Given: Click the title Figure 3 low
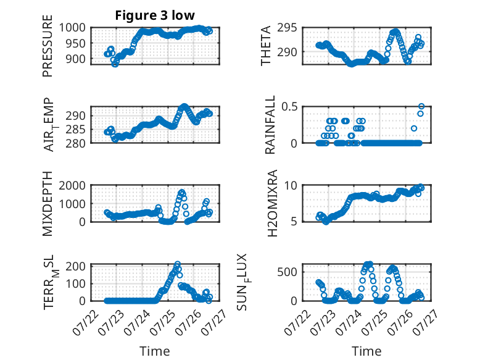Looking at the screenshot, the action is point(155,15).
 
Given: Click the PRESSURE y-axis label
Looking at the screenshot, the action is point(48,46).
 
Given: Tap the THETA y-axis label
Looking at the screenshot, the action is point(266,46).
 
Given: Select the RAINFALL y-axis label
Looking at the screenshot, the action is point(270,125).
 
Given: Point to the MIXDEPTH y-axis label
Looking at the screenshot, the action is point(48,204).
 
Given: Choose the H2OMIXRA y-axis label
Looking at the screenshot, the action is point(272,203).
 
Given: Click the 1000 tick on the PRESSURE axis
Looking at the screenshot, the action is point(72,28).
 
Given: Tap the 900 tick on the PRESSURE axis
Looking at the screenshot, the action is point(75,59).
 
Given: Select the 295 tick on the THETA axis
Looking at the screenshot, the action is point(287,28).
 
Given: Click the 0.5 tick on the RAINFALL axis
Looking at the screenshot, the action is point(289,107).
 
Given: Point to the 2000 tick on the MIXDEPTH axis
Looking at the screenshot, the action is point(72,186).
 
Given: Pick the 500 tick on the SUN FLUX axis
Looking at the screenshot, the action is point(287,272).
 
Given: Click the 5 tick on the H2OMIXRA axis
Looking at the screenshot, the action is point(294,221).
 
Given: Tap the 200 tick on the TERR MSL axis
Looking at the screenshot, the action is point(75,266).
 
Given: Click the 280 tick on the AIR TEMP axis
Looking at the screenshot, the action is point(75,143).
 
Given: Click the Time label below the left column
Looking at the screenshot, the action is point(155,351).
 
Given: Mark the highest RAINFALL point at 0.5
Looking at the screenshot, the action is point(421,107).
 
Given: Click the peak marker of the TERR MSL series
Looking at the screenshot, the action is point(178,264).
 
